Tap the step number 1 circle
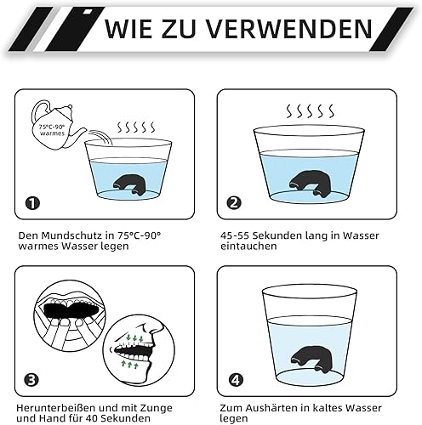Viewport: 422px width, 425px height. pyautogui.click(x=32, y=203)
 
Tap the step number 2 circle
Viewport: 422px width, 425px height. pyautogui.click(x=234, y=203)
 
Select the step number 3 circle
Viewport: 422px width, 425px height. pyautogui.click(x=31, y=380)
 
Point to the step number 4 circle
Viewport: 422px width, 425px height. pyautogui.click(x=236, y=380)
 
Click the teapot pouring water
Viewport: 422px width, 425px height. pyautogui.click(x=58, y=125)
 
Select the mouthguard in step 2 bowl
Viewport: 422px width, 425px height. pyautogui.click(x=309, y=183)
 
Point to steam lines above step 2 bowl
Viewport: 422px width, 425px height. pyautogui.click(x=310, y=111)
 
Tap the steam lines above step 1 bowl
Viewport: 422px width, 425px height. pyautogui.click(x=136, y=127)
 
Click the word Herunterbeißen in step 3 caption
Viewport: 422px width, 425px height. pyautogui.click(x=55, y=408)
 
